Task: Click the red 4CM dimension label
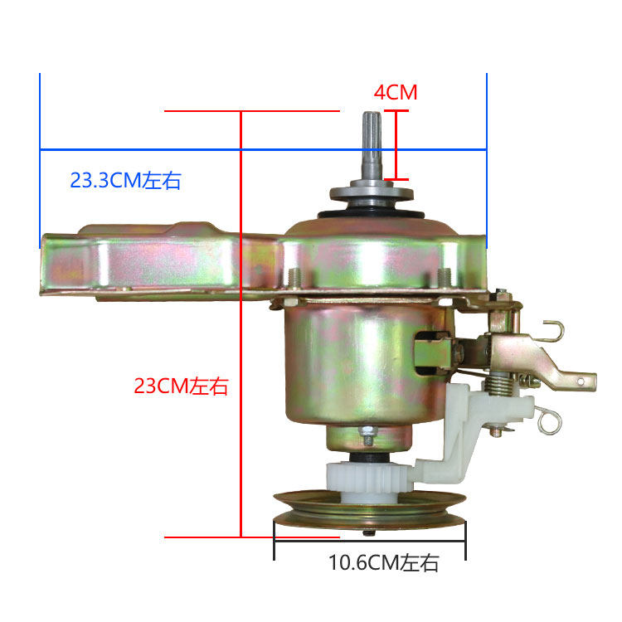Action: pos(395,92)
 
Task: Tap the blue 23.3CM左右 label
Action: pos(125,180)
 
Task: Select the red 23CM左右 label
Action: pos(181,386)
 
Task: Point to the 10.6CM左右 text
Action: pos(383,564)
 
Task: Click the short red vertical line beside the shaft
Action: pos(397,144)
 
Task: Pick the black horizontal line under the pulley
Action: pos(369,543)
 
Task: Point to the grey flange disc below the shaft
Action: pos(371,194)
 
